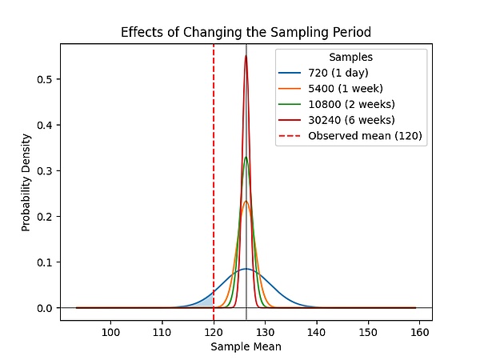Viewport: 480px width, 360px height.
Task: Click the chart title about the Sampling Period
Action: [x=246, y=33]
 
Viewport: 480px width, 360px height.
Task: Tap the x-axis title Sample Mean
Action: [x=246, y=347]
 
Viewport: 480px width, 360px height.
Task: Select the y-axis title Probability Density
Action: [x=26, y=182]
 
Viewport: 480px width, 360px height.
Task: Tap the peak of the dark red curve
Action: [x=246, y=56]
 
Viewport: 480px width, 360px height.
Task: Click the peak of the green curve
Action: [x=246, y=157]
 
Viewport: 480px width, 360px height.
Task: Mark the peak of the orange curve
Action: [x=246, y=201]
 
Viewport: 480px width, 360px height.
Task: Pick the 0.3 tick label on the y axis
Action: [x=45, y=170]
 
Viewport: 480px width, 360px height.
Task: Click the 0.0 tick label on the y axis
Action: [x=45, y=308]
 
